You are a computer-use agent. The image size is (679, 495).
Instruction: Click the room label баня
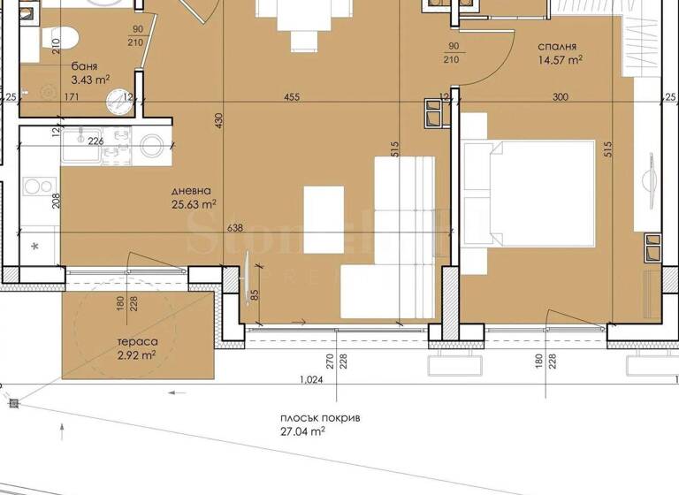tap(86, 65)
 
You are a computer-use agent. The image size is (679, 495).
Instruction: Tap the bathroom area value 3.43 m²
tap(90, 80)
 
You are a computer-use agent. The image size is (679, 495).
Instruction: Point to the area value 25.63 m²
tap(195, 205)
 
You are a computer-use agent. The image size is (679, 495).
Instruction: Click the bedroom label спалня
tap(557, 46)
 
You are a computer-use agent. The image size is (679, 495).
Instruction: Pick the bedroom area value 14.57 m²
tap(561, 61)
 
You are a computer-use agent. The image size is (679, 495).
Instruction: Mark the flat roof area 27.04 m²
tap(301, 432)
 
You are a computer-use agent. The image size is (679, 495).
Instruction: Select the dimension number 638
tap(235, 227)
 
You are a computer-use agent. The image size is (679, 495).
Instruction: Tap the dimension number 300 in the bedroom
tap(560, 98)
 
